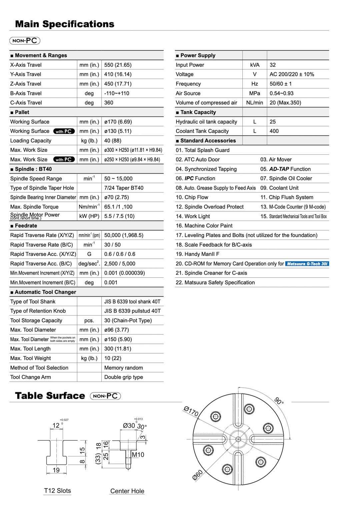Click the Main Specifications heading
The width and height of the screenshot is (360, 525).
tap(65, 24)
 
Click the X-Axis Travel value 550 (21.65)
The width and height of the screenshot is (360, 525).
tap(118, 65)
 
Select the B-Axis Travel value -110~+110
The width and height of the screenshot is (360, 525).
tap(116, 93)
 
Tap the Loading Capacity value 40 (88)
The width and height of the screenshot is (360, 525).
tap(113, 141)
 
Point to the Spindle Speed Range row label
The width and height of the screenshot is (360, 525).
tap(36, 179)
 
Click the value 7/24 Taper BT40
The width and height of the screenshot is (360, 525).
tap(124, 188)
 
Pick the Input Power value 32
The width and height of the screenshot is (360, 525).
tap(273, 65)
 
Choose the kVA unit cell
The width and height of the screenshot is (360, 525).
tap(255, 65)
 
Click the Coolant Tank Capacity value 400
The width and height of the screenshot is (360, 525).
tap(274, 131)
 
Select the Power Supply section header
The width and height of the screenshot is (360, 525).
tap(198, 55)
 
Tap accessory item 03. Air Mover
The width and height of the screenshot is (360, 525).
tap(276, 160)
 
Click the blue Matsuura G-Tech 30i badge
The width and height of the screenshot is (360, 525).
tap(307, 264)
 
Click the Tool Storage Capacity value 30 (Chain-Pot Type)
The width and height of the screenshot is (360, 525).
tap(128, 321)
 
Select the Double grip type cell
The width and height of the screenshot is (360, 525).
tap(123, 377)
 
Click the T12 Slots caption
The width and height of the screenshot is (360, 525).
tap(57, 491)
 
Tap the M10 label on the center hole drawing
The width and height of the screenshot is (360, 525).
tap(138, 455)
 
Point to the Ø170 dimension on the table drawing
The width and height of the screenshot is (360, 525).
tap(191, 412)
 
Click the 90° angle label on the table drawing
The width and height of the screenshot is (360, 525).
tap(279, 401)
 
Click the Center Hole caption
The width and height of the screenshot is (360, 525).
tap(127, 491)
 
